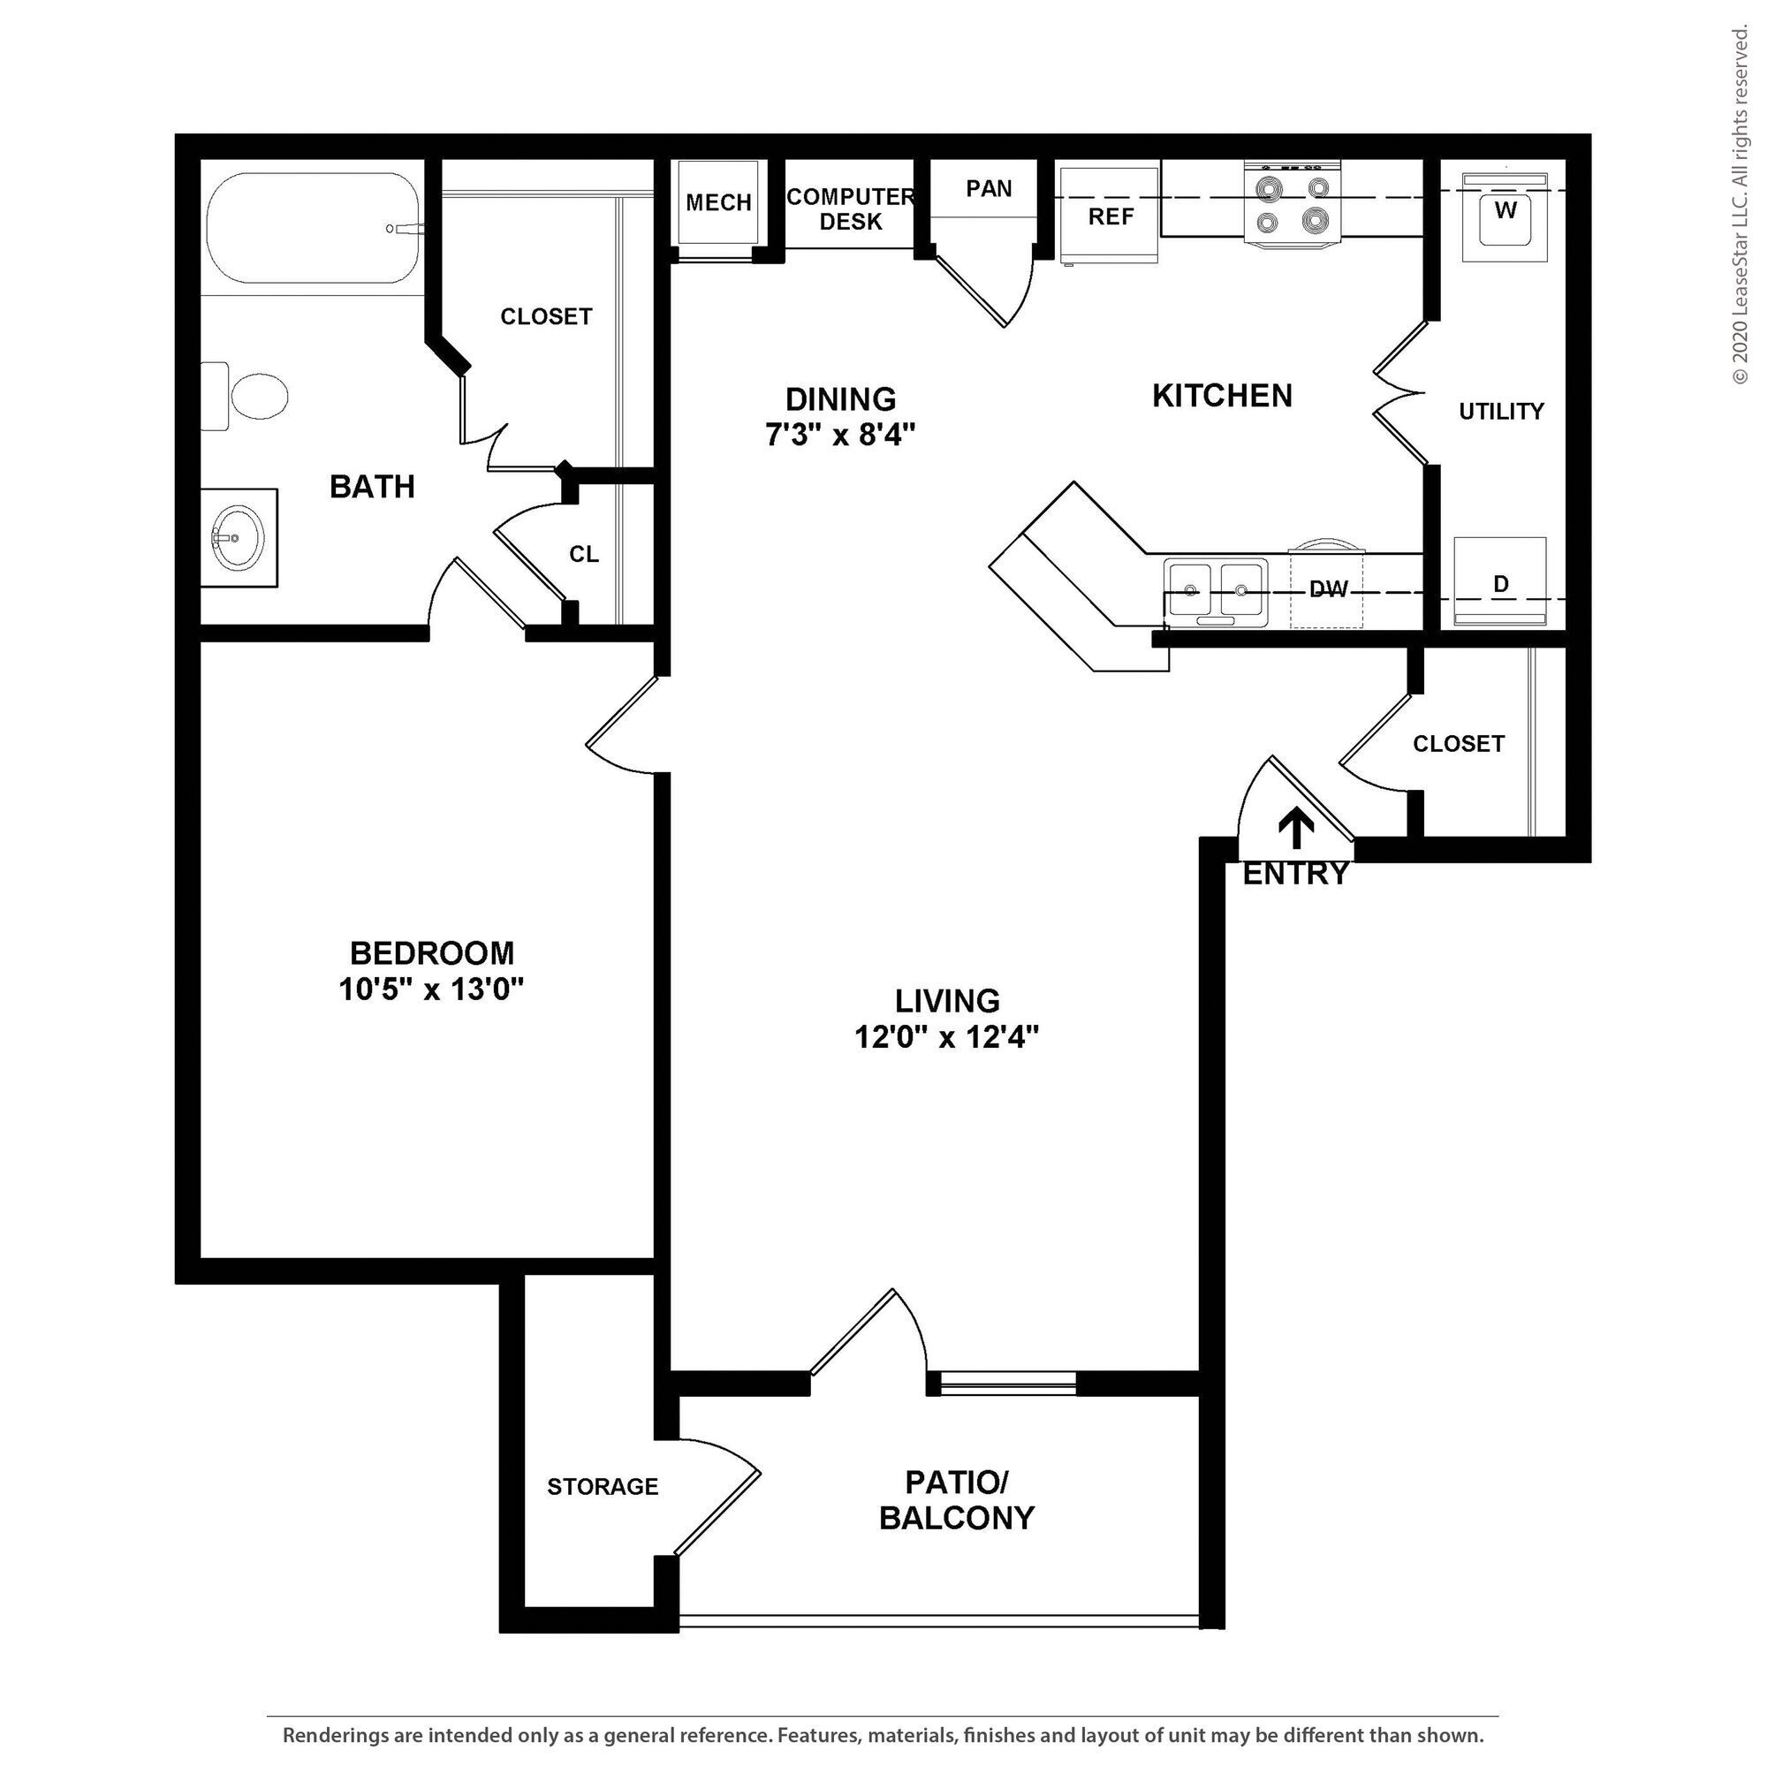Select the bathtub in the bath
click(x=314, y=230)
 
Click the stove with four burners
click(x=1293, y=205)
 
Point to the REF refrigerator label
click(x=1111, y=216)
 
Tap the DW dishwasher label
click(x=1328, y=590)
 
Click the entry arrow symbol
click(x=1296, y=829)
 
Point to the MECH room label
click(x=718, y=203)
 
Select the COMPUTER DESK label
click(x=850, y=209)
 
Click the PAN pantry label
click(x=989, y=188)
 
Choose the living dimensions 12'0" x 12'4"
click(x=946, y=1037)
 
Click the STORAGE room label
click(x=603, y=1487)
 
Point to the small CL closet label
click(x=583, y=554)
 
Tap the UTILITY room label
click(x=1501, y=412)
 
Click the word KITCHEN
click(x=1222, y=396)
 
